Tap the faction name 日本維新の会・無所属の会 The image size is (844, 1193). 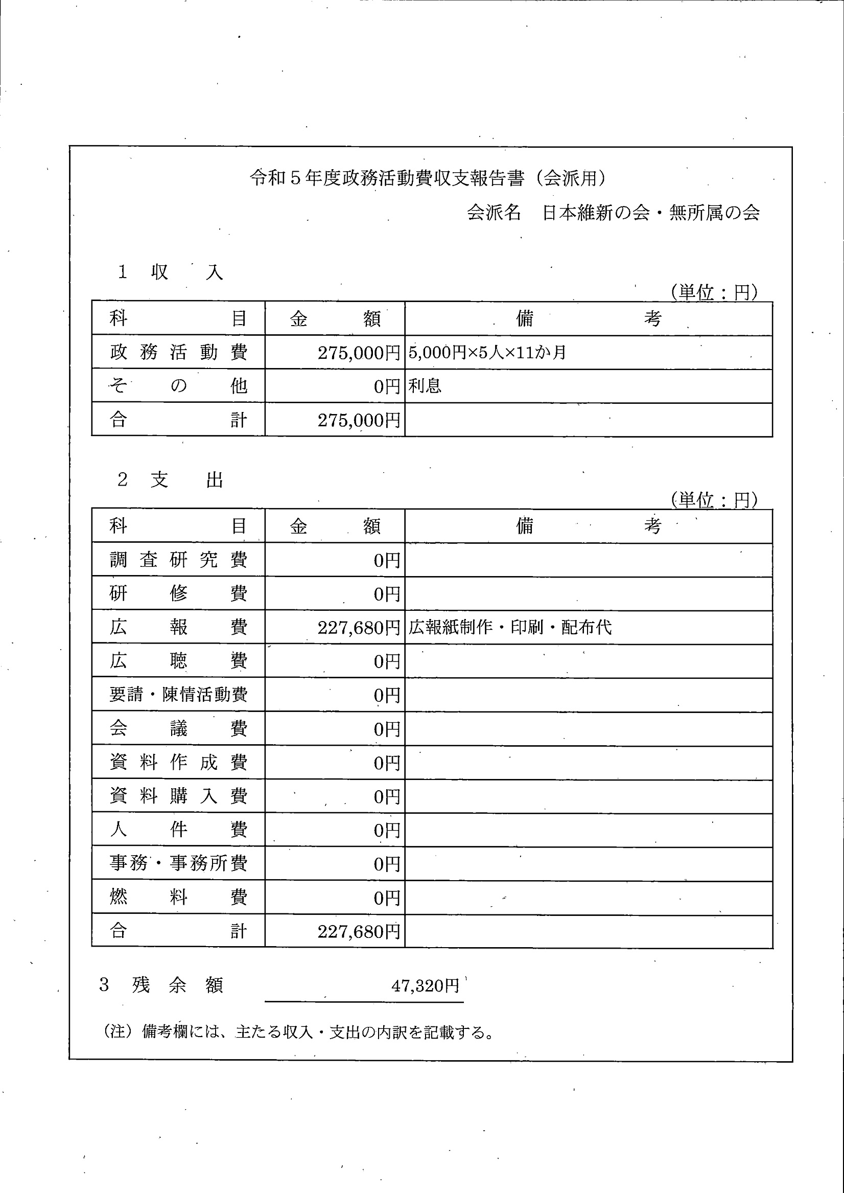pyautogui.click(x=651, y=213)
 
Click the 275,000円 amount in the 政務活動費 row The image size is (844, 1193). pyautogui.click(x=359, y=353)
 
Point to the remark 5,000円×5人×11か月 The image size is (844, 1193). pyautogui.click(x=487, y=353)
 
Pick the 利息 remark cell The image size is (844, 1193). pyautogui.click(x=425, y=386)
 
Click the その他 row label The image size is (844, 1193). pyautogui.click(x=178, y=386)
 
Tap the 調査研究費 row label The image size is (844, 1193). pyautogui.click(x=178, y=560)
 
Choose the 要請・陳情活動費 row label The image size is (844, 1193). pyautogui.click(x=178, y=695)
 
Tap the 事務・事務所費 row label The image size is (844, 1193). pyautogui.click(x=178, y=863)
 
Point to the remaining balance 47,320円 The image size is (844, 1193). pyautogui.click(x=425, y=985)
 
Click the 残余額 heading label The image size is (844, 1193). pyautogui.click(x=177, y=985)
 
